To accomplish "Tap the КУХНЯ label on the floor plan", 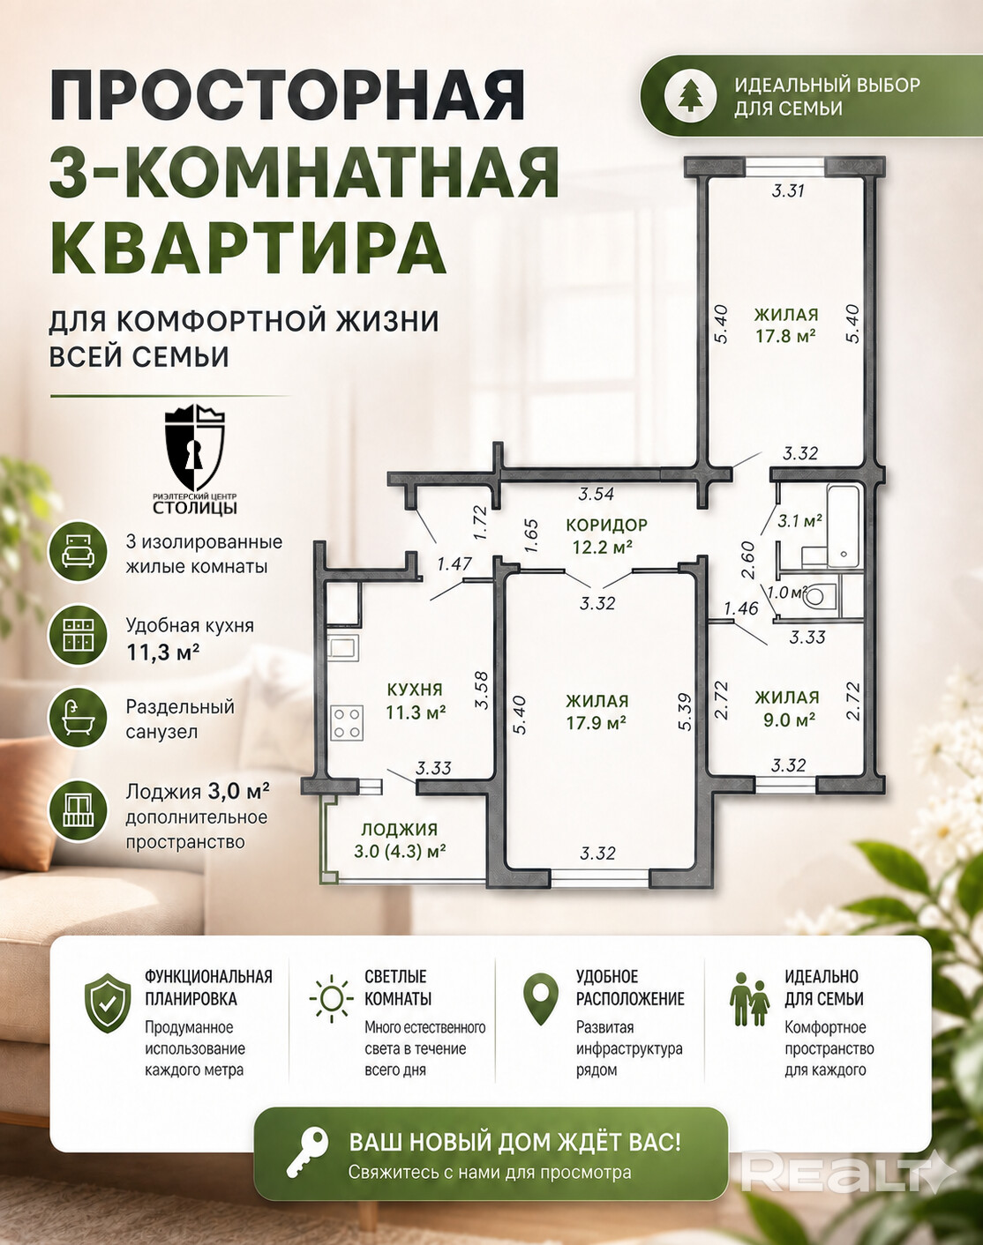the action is click(x=415, y=689).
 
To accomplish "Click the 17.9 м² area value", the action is click(x=597, y=723).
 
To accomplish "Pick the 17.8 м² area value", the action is click(x=785, y=335).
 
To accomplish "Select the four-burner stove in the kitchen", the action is click(x=347, y=723).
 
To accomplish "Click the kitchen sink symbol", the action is click(x=343, y=646).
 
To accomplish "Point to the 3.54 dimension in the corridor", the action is click(x=597, y=494).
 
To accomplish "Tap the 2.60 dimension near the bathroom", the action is click(x=748, y=560).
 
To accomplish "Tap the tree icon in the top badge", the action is click(x=689, y=95).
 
